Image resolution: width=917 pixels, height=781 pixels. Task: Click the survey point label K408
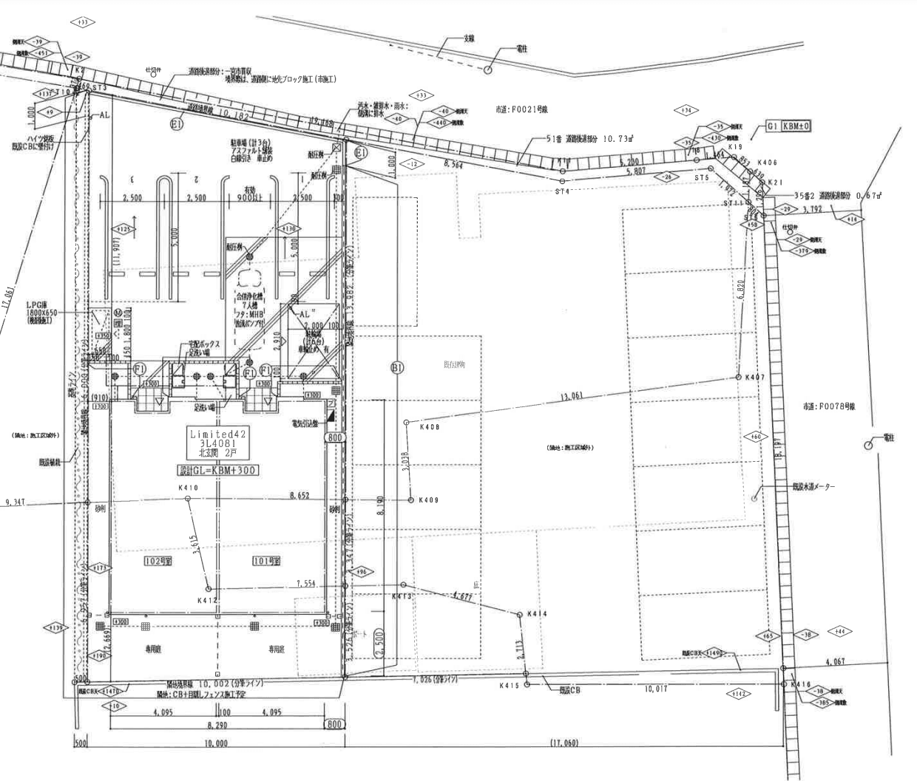430,427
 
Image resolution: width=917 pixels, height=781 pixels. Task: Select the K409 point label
429,500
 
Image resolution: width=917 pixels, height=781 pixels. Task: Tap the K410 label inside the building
188,488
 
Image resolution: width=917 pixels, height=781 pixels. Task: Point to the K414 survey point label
538,614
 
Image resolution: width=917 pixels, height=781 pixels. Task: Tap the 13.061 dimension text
572,397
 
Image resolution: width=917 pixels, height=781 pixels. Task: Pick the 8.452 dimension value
300,496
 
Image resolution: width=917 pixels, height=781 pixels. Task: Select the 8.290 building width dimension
216,727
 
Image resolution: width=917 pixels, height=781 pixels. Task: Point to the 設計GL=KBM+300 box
217,470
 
